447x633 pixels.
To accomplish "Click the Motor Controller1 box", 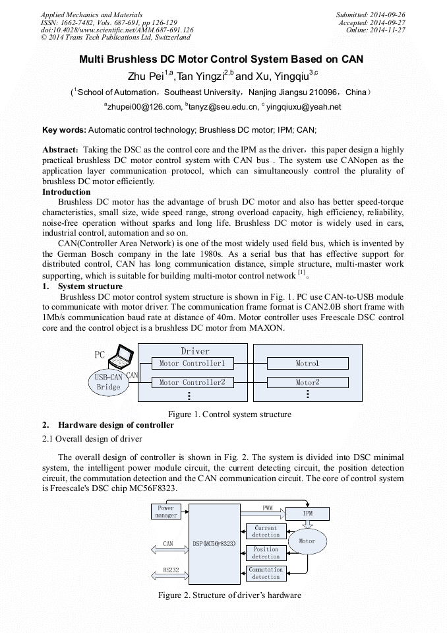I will coord(192,363).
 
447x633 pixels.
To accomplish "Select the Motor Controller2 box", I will coord(192,382).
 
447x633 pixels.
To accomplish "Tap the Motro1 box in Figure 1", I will coord(307,363).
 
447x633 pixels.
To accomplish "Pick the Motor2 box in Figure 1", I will coord(307,382).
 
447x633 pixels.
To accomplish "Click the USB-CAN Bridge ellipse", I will coord(109,383).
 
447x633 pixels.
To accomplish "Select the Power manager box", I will coord(166,512).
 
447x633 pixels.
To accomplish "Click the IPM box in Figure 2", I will coord(307,514).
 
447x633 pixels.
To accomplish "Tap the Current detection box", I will coord(266,531).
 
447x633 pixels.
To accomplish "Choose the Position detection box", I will coord(266,552).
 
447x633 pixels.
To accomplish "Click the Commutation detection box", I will coord(266,573).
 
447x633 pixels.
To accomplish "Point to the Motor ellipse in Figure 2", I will coord(307,541).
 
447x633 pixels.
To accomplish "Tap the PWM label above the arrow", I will coord(268,508).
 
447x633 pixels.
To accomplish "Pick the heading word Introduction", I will coord(66,192).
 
